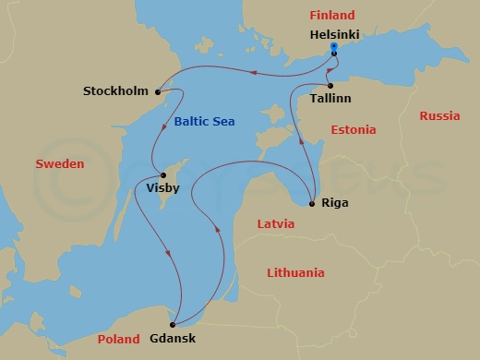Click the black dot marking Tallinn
(x=330, y=85)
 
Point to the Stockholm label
(x=115, y=91)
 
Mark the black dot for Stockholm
(x=158, y=91)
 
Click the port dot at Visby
(x=163, y=175)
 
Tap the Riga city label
(x=337, y=202)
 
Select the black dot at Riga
(x=313, y=202)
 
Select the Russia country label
(x=439, y=116)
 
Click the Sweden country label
(x=60, y=163)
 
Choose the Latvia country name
(x=276, y=224)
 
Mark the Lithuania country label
(x=295, y=273)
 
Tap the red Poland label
(x=117, y=339)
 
